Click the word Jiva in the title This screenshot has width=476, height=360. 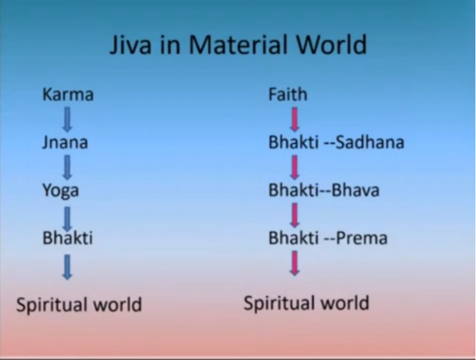[130, 45]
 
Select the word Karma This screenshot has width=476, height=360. [68, 94]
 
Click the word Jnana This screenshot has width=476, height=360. [65, 142]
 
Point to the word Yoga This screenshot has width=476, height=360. [61, 191]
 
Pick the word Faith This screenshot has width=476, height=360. [288, 94]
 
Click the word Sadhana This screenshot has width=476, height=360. [370, 142]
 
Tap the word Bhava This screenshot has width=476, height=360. [355, 190]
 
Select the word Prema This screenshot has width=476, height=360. [361, 238]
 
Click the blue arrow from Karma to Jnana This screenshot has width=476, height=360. [67, 119]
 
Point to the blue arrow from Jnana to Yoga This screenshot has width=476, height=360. [67, 167]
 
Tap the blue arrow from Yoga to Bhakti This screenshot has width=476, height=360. [67, 219]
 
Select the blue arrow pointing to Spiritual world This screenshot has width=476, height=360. [67, 267]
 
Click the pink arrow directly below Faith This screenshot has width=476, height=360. [294, 119]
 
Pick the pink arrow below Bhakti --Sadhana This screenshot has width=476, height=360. [294, 167]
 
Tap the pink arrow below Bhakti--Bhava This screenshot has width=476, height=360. [294, 215]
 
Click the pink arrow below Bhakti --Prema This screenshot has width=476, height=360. [294, 263]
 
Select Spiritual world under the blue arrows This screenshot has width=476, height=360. [79, 304]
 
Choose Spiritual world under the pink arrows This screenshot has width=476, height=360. [306, 303]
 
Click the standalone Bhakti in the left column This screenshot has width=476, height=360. [67, 238]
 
